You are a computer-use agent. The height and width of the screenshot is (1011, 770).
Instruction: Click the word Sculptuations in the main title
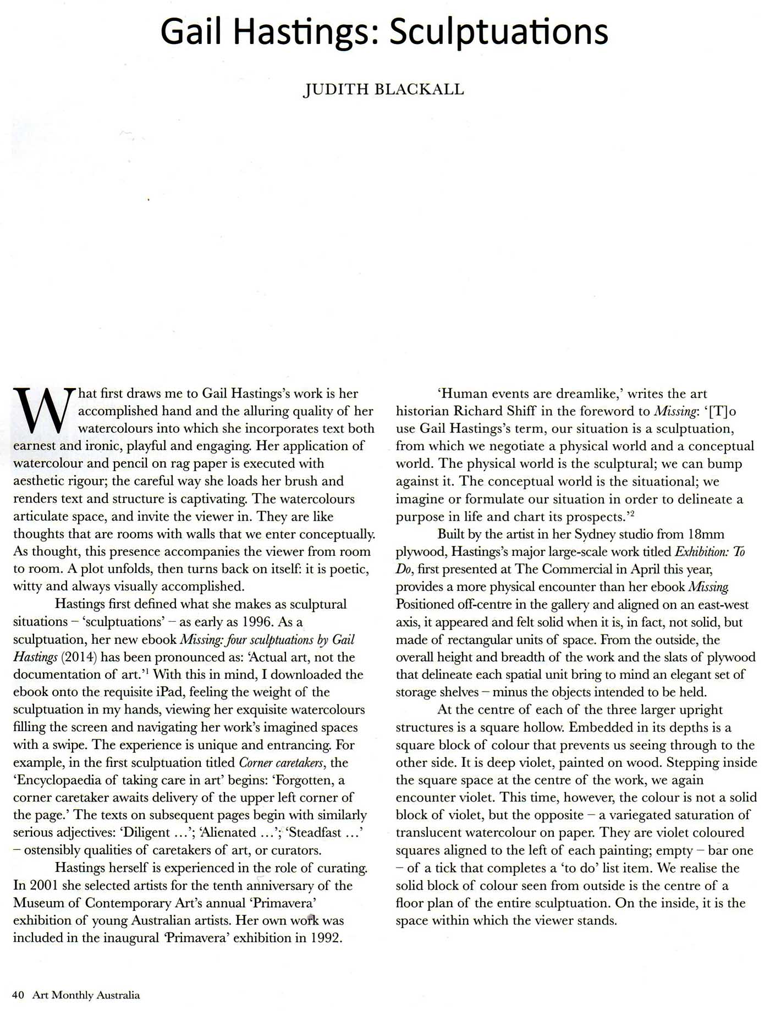point(499,32)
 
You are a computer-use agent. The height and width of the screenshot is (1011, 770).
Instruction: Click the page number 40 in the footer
point(18,995)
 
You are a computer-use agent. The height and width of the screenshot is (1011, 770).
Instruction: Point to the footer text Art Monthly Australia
point(86,995)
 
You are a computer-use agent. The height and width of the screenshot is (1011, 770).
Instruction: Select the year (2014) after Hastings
point(76,657)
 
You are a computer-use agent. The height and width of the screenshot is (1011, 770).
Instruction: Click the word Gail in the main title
point(192,32)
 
